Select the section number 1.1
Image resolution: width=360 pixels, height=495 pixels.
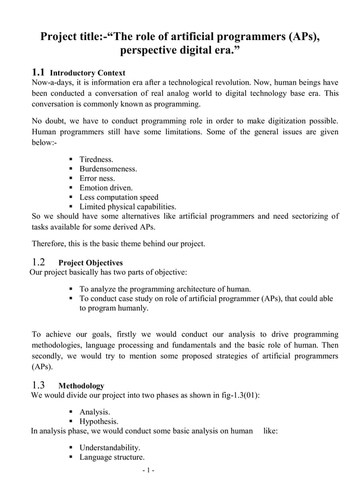pos(38,72)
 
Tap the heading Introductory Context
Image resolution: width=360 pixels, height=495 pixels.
pos(87,73)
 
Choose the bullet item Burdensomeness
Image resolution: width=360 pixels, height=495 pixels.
pos(108,169)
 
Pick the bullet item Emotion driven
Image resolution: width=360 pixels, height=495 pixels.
pos(106,188)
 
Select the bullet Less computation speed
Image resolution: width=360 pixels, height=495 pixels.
pos(118,197)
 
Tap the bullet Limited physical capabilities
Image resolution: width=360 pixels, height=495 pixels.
pos(128,207)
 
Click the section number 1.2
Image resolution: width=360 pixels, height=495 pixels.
pos(38,262)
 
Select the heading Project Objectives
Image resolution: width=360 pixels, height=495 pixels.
pos(90,263)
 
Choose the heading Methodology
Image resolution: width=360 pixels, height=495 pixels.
pos(81,386)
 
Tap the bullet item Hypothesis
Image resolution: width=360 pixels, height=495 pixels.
pos(99,421)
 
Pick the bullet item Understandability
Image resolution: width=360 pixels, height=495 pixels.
pos(109,448)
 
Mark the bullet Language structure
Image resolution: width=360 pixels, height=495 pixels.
pos(112,457)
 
